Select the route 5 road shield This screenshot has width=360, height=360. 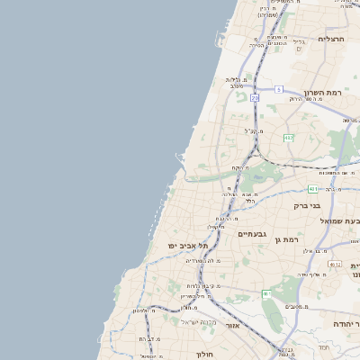click(279, 89)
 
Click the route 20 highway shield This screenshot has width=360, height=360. click(256, 97)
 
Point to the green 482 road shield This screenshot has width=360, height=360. click(288, 138)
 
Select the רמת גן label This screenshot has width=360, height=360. click(288, 239)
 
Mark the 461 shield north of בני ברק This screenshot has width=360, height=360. click(312, 189)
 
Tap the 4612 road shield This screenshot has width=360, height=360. click(335, 264)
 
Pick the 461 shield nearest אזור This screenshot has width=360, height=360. click(266, 294)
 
